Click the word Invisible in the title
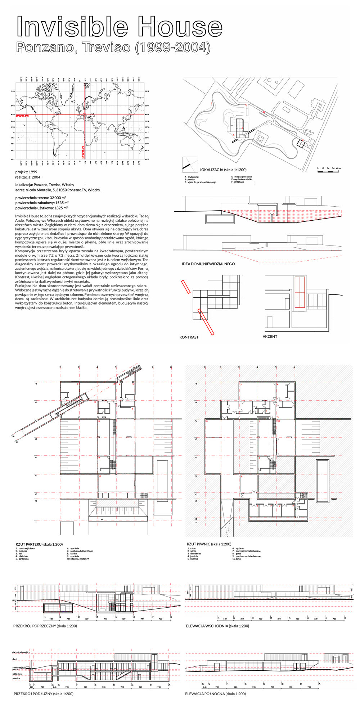tap(72, 27)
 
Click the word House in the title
tap(180, 27)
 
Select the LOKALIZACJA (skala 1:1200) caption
tap(223, 170)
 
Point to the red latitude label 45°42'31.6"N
tap(22, 116)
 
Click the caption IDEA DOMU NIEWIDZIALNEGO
tap(208, 264)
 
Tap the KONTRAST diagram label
tap(189, 337)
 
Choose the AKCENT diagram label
tap(270, 337)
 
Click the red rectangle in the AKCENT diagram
tap(300, 292)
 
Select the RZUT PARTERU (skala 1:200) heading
tap(39, 544)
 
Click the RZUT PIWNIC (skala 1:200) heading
tap(209, 544)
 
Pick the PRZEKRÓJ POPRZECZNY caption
tap(45, 626)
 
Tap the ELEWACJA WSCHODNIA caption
tap(217, 626)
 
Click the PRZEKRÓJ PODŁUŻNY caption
tap(43, 694)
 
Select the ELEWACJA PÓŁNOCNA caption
tap(215, 694)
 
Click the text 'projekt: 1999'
tap(26, 172)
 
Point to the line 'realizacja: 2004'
tap(28, 177)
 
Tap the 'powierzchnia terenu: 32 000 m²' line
tap(40, 198)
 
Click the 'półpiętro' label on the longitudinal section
tap(17, 674)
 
